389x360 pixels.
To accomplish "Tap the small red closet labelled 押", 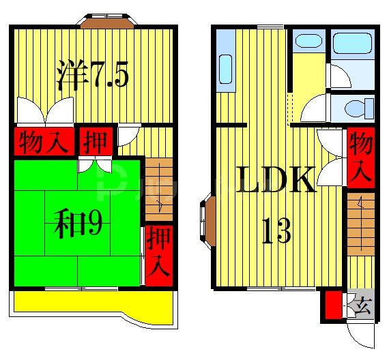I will click(95, 142).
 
